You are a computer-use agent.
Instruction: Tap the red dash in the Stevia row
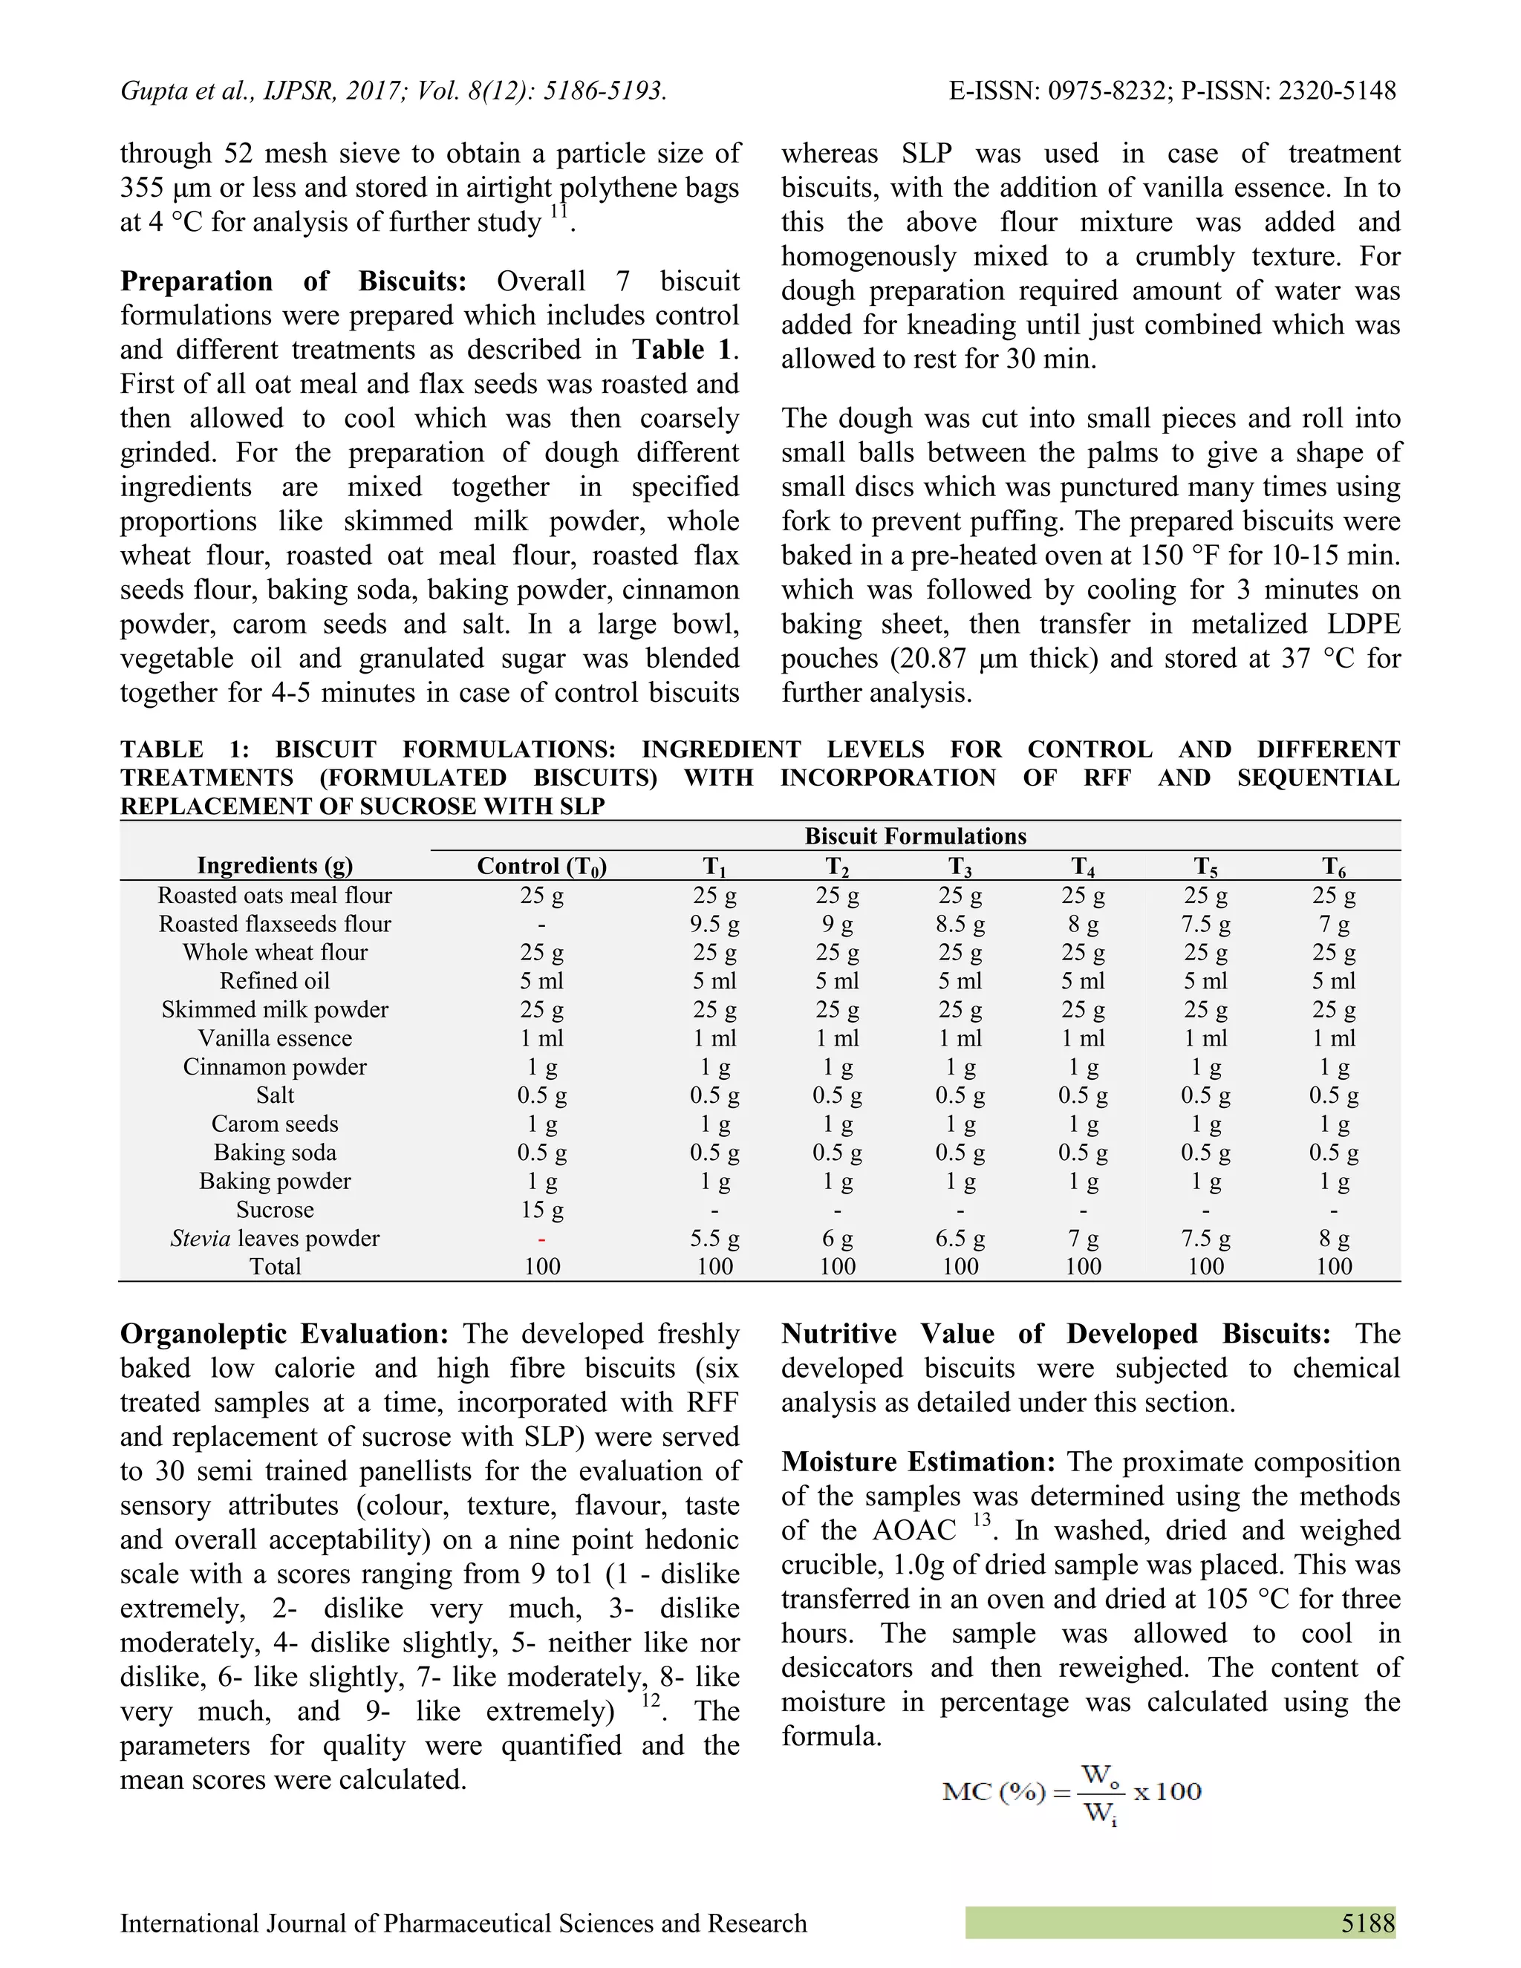pos(541,1238)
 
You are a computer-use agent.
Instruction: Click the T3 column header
pos(960,867)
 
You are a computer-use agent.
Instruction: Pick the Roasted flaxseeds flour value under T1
pos(714,924)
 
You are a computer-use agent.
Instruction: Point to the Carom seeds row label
pos(275,1124)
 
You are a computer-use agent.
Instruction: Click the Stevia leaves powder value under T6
pos(1334,1238)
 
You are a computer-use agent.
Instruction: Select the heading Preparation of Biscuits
pos(293,281)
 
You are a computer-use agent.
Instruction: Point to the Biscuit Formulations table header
pos(914,836)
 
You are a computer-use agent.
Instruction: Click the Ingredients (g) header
pos(275,866)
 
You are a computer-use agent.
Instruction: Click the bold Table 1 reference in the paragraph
pos(681,350)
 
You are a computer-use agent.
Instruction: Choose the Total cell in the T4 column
pos(1082,1266)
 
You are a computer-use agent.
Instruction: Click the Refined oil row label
pos(275,980)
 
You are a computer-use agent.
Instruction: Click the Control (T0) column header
pos(541,866)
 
